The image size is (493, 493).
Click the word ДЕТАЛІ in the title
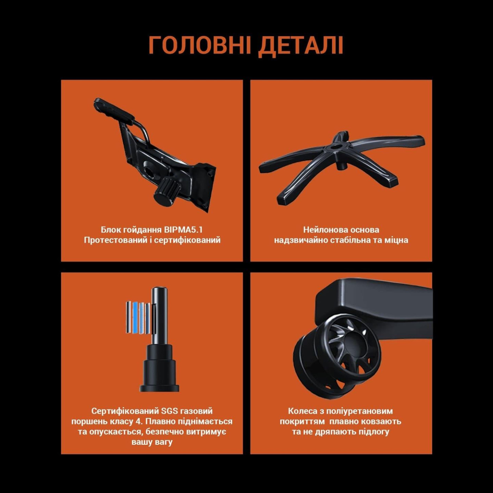pyautogui.click(x=301, y=46)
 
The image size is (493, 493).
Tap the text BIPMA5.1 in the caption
pyautogui.click(x=183, y=230)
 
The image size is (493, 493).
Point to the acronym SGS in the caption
pyautogui.click(x=169, y=411)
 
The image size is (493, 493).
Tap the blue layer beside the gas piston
pyautogui.click(x=135, y=317)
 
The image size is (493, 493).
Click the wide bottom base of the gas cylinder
pyautogui.click(x=160, y=388)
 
